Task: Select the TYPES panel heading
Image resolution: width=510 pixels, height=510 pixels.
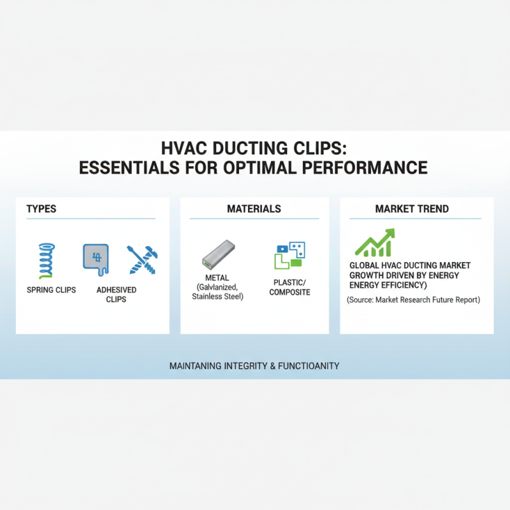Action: point(41,209)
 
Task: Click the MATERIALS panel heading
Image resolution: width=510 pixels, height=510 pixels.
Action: point(254,209)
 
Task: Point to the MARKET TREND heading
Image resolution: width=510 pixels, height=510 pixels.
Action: point(412,209)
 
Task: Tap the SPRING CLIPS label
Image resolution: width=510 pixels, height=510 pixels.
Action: point(51,290)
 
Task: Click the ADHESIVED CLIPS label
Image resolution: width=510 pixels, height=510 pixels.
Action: point(116,295)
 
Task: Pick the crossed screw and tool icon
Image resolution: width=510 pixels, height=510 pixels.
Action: point(141,259)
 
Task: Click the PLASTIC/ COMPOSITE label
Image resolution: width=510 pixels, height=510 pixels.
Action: point(289,288)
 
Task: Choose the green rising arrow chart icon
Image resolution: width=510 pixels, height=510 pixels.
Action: point(375,243)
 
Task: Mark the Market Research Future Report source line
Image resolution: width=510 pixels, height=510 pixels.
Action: point(413,299)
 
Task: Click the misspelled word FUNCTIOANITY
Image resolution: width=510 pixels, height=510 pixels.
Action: point(309,367)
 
